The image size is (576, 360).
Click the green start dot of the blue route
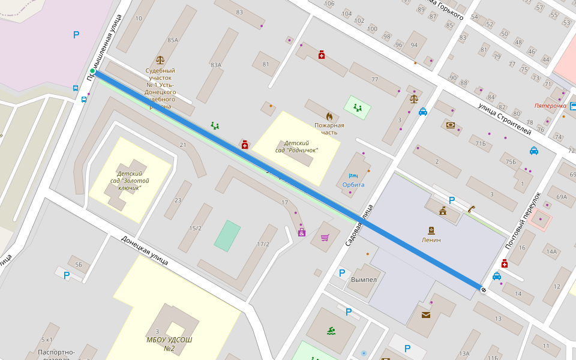(x=92, y=71)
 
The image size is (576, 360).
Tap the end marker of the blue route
(x=484, y=290)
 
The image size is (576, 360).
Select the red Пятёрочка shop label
(x=550, y=106)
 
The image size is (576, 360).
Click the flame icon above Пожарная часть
(x=329, y=115)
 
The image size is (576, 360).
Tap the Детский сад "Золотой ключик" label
(x=130, y=181)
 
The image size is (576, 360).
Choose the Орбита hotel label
(x=353, y=184)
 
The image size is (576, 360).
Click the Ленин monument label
(x=431, y=239)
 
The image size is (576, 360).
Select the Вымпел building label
(x=364, y=280)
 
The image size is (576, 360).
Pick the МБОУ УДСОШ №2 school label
(x=169, y=344)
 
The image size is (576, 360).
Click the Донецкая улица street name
(x=144, y=250)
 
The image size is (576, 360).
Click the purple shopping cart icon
(x=325, y=238)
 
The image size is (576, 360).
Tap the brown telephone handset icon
(x=472, y=209)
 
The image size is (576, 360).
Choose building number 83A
(x=216, y=65)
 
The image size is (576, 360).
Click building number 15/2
(x=195, y=228)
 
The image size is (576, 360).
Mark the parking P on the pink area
(x=76, y=35)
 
